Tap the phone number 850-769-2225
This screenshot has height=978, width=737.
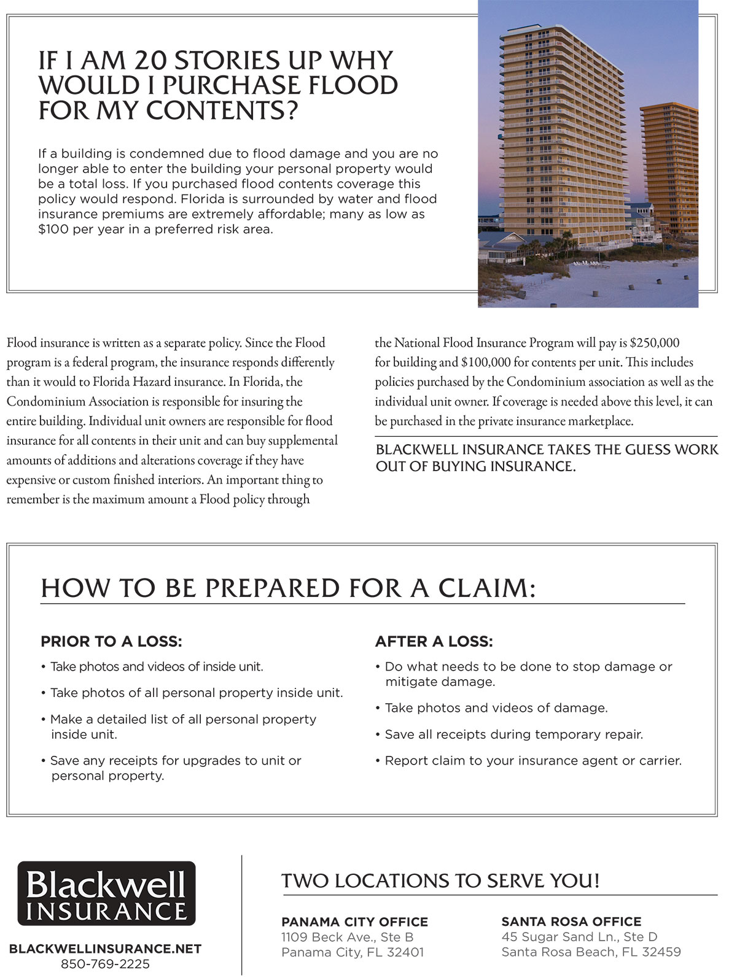pyautogui.click(x=105, y=964)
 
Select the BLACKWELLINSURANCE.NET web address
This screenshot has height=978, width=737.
pyautogui.click(x=105, y=949)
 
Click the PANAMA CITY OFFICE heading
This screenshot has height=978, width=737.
pyautogui.click(x=354, y=922)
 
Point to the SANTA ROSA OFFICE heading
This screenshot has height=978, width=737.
pyautogui.click(x=571, y=922)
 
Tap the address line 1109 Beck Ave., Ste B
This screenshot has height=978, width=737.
pyautogui.click(x=347, y=937)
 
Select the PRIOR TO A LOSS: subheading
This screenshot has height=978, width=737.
pyautogui.click(x=111, y=642)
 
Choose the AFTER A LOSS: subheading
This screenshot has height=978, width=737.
pyautogui.click(x=434, y=642)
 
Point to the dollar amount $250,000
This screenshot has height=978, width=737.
pyautogui.click(x=655, y=343)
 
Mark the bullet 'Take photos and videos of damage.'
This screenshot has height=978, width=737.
pyautogui.click(x=496, y=708)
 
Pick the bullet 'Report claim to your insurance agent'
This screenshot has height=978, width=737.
pyautogui.click(x=532, y=761)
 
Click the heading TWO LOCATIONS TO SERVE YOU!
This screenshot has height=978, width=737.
pyautogui.click(x=440, y=881)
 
